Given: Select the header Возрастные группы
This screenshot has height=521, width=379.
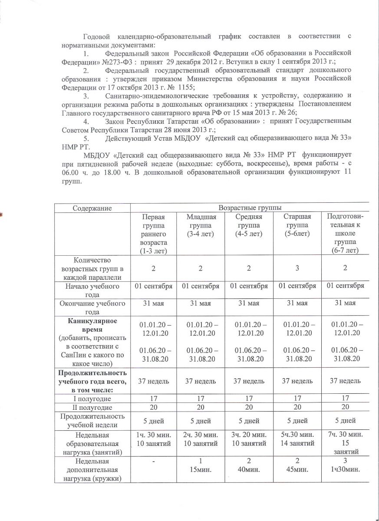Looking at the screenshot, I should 249,208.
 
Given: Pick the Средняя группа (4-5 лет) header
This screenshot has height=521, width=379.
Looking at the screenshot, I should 249,225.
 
